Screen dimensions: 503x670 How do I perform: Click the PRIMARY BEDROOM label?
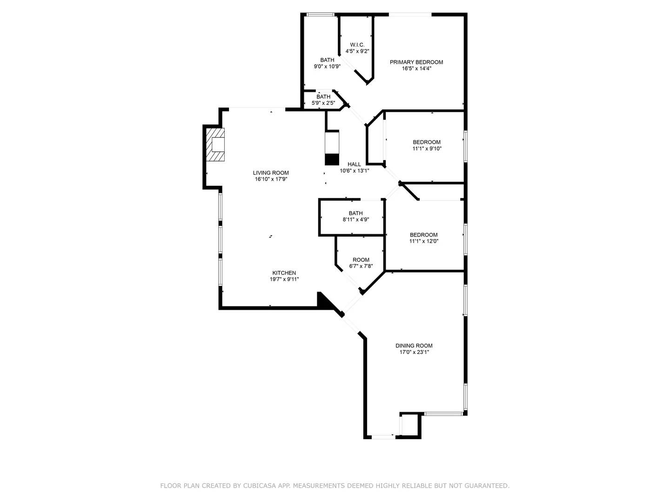[416, 62]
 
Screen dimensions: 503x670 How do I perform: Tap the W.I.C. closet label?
[357, 45]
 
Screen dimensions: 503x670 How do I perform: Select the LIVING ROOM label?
[271, 173]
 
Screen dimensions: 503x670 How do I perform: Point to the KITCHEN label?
[284, 273]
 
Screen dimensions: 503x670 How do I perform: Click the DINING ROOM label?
[414, 346]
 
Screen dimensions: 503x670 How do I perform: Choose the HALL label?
[354, 164]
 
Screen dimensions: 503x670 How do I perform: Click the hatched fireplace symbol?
[214, 145]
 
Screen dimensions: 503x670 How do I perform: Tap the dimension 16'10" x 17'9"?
[271, 179]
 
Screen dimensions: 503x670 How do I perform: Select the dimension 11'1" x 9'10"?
[427, 149]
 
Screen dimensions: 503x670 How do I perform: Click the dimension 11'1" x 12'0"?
[423, 241]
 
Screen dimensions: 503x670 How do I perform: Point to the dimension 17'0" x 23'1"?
[414, 353]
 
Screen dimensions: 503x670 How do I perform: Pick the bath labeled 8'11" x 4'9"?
[356, 217]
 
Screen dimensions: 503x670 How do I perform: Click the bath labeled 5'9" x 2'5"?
[323, 100]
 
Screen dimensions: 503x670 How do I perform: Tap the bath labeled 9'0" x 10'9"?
[327, 63]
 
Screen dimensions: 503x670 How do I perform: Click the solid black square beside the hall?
[332, 159]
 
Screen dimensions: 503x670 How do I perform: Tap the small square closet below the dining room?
[410, 425]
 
